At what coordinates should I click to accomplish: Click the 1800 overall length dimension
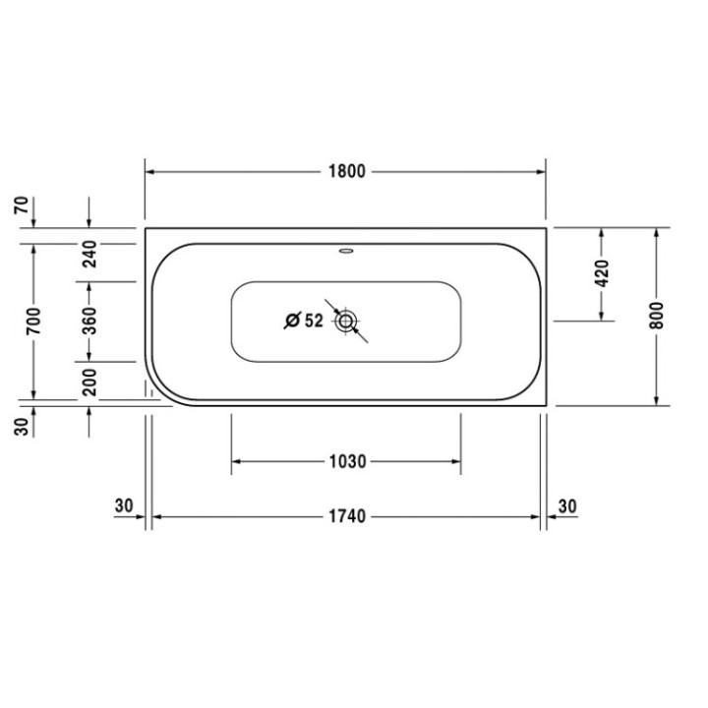click(x=345, y=171)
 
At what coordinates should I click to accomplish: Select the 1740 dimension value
click(x=345, y=517)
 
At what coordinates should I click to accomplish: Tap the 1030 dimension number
click(x=345, y=461)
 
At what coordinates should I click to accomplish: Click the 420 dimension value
click(x=602, y=272)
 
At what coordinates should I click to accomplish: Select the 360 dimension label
click(x=88, y=321)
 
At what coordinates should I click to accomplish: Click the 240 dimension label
click(x=88, y=255)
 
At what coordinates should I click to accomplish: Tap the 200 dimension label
click(x=88, y=383)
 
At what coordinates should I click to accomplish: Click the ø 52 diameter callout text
click(x=305, y=321)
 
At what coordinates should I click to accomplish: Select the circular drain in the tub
click(x=346, y=321)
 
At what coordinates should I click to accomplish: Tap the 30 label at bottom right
click(x=567, y=505)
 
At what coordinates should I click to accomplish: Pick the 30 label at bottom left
click(x=124, y=505)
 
